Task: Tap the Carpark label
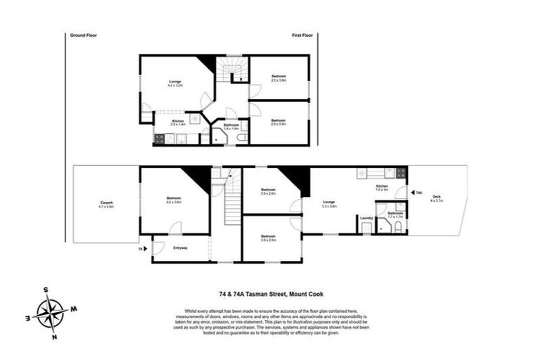106,205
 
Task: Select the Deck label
436,199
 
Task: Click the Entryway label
180,247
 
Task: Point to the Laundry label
366,218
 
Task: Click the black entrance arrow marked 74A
410,192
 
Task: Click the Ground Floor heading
83,34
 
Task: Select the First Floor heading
303,34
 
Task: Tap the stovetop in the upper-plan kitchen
160,139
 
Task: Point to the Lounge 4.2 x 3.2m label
174,83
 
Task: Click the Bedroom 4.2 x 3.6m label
174,200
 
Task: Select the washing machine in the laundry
366,229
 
